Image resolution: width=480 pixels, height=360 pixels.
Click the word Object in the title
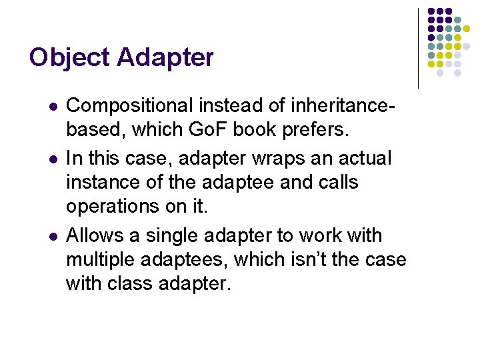pyautogui.click(x=69, y=58)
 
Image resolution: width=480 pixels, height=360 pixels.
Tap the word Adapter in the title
pyautogui.click(x=165, y=58)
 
